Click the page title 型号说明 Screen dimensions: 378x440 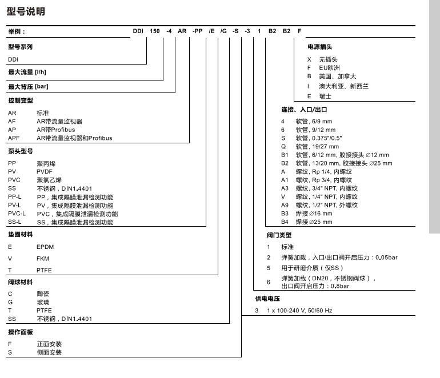click(26, 11)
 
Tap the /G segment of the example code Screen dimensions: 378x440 click(225, 31)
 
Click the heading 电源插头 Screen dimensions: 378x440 click(319, 47)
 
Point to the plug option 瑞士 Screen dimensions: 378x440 click(325, 96)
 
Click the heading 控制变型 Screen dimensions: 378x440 click(21, 100)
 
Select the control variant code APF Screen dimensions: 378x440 click(14, 138)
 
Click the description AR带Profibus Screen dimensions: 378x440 click(55, 130)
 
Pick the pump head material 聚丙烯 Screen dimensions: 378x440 click(46, 163)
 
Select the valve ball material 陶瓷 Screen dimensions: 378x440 click(43, 293)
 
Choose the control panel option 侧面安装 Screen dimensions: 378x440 click(49, 352)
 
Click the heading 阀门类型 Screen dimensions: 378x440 click(279, 235)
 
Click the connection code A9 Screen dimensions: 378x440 click(285, 205)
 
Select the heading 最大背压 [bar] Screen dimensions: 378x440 click(28, 86)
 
